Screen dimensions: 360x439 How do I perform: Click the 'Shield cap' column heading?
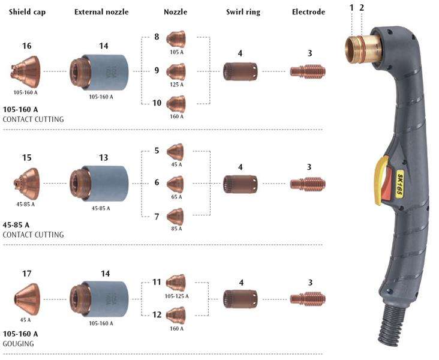click(x=26, y=11)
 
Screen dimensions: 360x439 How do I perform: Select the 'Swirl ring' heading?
click(x=243, y=11)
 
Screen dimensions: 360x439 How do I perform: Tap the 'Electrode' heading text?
click(x=308, y=11)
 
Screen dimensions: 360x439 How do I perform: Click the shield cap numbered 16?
click(x=26, y=71)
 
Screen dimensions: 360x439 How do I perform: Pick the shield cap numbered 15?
click(x=26, y=181)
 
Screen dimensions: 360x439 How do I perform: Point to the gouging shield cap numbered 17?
click(x=28, y=297)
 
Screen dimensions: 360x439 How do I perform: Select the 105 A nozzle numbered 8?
click(x=176, y=40)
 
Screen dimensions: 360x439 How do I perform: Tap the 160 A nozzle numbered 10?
click(x=176, y=104)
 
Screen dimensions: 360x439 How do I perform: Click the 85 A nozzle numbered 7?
click(x=175, y=215)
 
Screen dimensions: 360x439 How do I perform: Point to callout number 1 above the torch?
click(x=352, y=7)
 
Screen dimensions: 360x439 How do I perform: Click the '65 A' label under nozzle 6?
click(x=176, y=196)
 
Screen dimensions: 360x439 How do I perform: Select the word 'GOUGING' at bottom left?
click(x=19, y=344)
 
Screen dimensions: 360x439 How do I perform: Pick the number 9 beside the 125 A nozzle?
click(x=157, y=70)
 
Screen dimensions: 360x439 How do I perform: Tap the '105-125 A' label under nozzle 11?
click(x=176, y=296)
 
